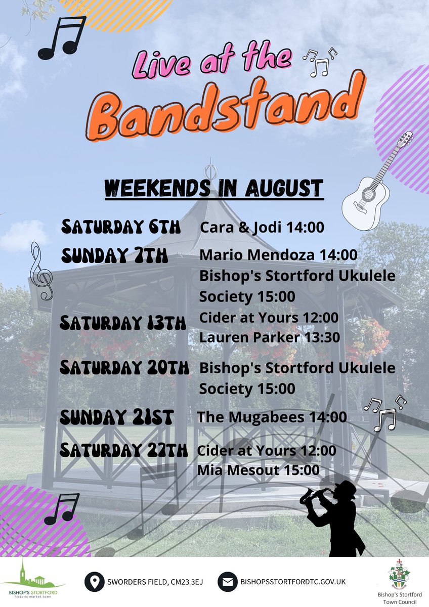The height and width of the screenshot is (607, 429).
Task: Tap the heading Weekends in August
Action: (x=213, y=188)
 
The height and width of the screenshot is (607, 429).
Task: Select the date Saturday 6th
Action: (x=120, y=227)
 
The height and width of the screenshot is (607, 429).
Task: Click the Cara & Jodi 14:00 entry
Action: (x=262, y=228)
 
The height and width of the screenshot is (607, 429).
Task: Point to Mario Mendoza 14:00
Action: (x=278, y=254)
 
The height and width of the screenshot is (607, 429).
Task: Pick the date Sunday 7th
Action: (x=114, y=256)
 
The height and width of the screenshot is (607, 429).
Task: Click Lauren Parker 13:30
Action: (x=269, y=337)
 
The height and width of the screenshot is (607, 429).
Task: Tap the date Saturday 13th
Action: (x=123, y=323)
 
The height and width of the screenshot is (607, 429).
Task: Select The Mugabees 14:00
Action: (x=272, y=417)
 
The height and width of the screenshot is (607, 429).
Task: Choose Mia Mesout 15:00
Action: (x=259, y=470)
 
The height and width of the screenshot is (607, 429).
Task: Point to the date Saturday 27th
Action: (x=123, y=450)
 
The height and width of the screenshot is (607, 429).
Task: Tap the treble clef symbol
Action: (x=41, y=271)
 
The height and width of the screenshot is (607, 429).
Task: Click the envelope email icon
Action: (x=228, y=582)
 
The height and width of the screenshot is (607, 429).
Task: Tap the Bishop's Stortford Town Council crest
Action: (x=397, y=577)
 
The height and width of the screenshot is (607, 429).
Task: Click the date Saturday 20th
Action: (x=124, y=368)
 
